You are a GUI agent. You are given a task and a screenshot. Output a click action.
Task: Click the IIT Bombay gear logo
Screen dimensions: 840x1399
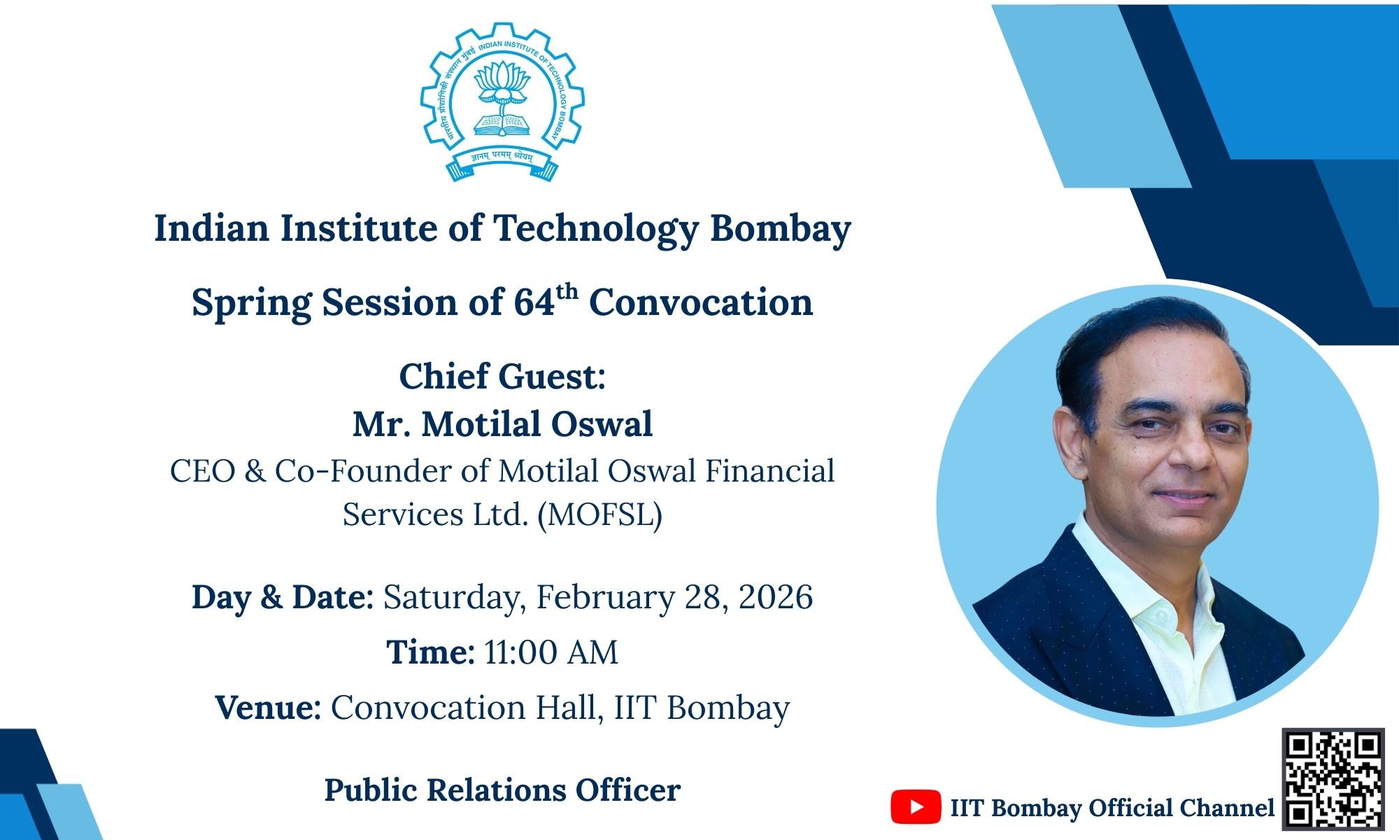click(x=502, y=102)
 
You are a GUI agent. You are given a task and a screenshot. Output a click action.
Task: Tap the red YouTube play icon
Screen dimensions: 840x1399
click(x=915, y=807)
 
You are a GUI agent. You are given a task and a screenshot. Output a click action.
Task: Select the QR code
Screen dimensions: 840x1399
click(x=1333, y=779)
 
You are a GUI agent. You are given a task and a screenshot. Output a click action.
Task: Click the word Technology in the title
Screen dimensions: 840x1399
click(x=596, y=229)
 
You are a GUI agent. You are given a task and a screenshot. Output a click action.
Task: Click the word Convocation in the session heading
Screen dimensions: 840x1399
click(x=701, y=302)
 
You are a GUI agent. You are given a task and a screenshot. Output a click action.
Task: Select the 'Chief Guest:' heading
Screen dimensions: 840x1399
click(x=502, y=377)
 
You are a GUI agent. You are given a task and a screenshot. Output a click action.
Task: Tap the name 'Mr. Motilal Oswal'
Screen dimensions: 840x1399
click(x=502, y=424)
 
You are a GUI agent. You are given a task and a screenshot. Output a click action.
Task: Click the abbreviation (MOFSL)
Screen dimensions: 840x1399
click(x=599, y=515)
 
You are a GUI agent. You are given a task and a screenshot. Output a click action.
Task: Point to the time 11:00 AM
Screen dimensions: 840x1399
click(x=551, y=652)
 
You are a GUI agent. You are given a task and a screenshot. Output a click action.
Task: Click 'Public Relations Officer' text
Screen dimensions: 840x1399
click(x=502, y=790)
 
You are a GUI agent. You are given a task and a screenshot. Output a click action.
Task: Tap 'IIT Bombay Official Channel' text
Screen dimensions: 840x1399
click(x=1112, y=808)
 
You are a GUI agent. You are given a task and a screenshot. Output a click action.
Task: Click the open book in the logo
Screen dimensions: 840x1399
click(x=502, y=125)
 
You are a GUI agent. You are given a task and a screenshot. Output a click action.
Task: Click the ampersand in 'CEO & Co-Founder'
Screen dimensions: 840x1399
click(x=255, y=472)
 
